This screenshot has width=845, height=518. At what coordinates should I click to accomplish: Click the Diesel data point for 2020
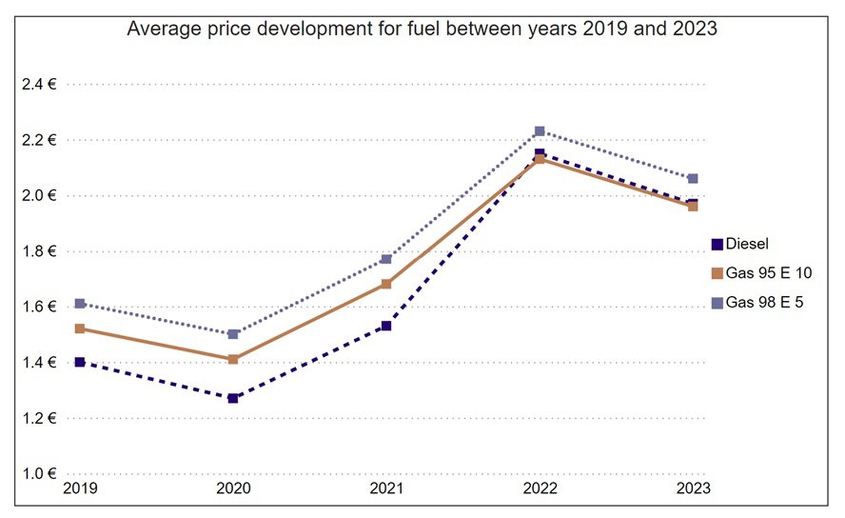[x=233, y=398]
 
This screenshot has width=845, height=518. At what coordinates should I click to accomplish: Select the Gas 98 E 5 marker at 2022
[x=540, y=131]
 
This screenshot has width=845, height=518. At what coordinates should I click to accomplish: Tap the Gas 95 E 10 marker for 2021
[x=386, y=284]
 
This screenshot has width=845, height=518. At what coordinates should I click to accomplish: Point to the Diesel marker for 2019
[x=80, y=362]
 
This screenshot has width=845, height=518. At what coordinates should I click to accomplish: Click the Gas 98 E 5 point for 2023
[x=693, y=178]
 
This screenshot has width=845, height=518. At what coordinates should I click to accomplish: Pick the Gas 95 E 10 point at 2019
[x=80, y=329]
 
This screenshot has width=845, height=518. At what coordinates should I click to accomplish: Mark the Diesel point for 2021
[x=386, y=326]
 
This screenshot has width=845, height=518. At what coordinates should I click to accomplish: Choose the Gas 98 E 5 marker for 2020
[x=233, y=334]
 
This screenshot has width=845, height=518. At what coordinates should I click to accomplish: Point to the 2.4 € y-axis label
[x=38, y=85]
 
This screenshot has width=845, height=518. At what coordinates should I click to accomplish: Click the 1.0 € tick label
[x=38, y=473]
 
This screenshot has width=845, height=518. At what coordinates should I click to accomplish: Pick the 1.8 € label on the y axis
[x=38, y=251]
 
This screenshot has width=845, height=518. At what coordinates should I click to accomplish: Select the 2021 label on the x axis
[x=386, y=488]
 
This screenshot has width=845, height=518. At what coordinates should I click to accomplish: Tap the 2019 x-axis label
[x=80, y=488]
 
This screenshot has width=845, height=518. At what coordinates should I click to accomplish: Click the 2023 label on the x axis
[x=693, y=488]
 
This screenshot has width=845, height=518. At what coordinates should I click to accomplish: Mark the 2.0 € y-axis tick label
[x=38, y=196]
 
